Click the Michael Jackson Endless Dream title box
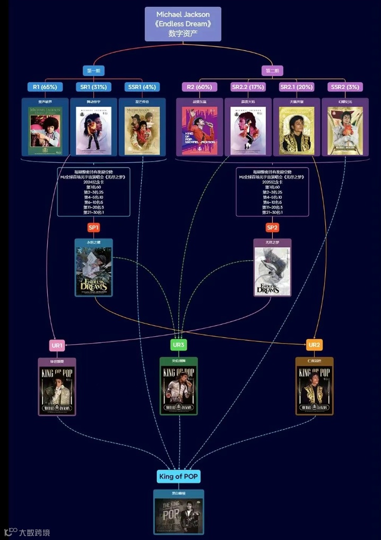[x=183, y=24]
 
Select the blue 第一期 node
[x=93, y=71]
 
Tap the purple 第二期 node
[x=272, y=71]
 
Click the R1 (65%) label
[x=45, y=87]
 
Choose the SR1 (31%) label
[x=93, y=87]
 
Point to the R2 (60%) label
[x=200, y=87]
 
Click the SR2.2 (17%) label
[x=248, y=87]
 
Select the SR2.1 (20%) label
[x=297, y=87]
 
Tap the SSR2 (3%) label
[x=345, y=87]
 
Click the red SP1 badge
[x=93, y=228]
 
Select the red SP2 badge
[x=272, y=228]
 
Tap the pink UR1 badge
[x=57, y=345]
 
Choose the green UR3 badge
[x=178, y=345]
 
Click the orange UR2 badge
[x=314, y=345]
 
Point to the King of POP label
[x=178, y=476]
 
